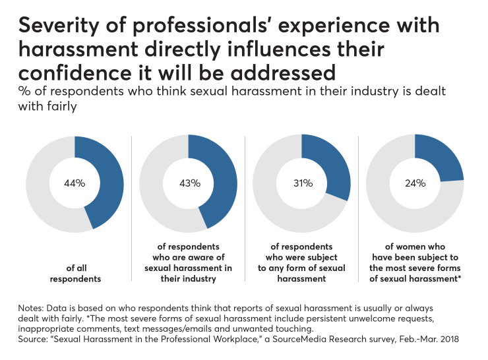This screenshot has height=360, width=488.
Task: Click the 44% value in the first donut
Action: [x=75, y=183]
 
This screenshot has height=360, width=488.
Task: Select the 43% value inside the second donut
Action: [x=189, y=183]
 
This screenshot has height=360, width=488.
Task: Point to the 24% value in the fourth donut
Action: [x=415, y=183]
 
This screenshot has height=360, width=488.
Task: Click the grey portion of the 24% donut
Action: [x=396, y=211]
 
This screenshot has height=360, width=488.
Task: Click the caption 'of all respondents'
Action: [x=75, y=274]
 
